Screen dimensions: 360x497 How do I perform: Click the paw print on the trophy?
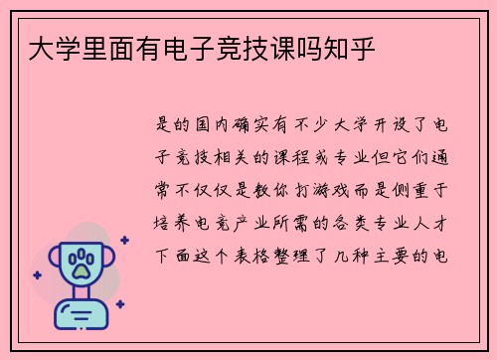(79, 263)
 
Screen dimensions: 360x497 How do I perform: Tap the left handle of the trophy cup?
(56, 261)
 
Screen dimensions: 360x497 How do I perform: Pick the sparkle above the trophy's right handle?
(124, 240)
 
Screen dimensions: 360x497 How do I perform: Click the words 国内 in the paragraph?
(222, 124)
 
